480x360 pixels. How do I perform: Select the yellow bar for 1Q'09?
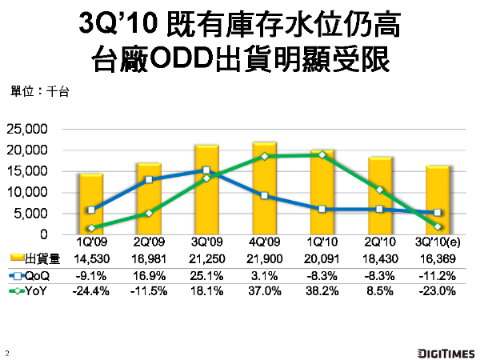click(x=90, y=205)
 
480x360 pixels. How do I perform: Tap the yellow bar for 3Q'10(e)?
click(x=438, y=200)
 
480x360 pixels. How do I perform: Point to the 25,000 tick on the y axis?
click(x=28, y=130)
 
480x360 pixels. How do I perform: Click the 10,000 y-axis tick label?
click(x=28, y=193)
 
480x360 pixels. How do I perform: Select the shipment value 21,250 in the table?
click(x=206, y=259)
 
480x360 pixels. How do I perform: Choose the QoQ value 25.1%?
click(x=206, y=275)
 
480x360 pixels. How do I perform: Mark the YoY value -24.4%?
click(x=90, y=291)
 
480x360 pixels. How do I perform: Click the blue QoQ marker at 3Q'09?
click(x=206, y=170)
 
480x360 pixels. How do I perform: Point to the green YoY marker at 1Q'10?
click(x=322, y=154)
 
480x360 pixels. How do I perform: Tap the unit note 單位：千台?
click(x=40, y=91)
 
